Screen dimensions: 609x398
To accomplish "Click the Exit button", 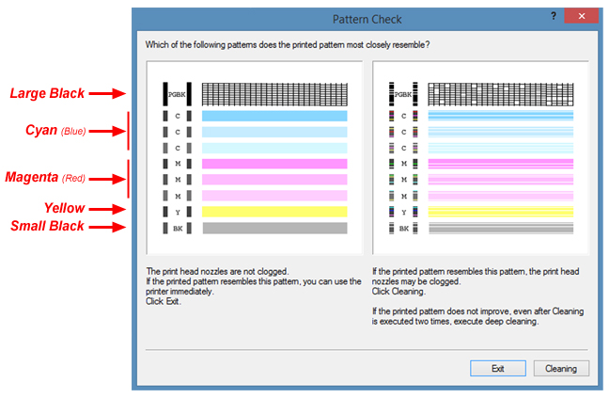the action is pyautogui.click(x=498, y=368).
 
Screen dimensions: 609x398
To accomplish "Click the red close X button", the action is pyautogui.click(x=582, y=16).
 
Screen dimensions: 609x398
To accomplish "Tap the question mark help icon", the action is pyautogui.click(x=554, y=16).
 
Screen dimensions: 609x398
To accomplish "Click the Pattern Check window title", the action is pyautogui.click(x=367, y=19).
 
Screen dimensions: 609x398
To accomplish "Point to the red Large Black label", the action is pyautogui.click(x=47, y=93).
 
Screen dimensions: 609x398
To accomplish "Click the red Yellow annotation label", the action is pyautogui.click(x=64, y=208).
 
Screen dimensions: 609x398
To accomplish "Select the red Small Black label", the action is pyautogui.click(x=47, y=226).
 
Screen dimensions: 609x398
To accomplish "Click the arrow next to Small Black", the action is pyautogui.click(x=107, y=227).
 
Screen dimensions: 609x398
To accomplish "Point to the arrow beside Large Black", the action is pyautogui.click(x=107, y=93).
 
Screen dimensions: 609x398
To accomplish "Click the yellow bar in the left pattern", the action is pyautogui.click(x=274, y=212).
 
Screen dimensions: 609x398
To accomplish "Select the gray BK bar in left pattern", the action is pyautogui.click(x=274, y=228).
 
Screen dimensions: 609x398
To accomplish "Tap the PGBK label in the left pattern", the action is pyautogui.click(x=177, y=94).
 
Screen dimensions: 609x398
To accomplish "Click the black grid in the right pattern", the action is pyautogui.click(x=501, y=94).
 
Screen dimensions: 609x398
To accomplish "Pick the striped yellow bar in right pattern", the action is pyautogui.click(x=501, y=212).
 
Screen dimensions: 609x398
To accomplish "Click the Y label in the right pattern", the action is pyautogui.click(x=404, y=213).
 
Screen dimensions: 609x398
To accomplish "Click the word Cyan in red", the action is pyautogui.click(x=41, y=130).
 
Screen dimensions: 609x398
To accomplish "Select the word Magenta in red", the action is pyautogui.click(x=31, y=177).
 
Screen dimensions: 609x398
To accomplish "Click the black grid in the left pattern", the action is pyautogui.click(x=274, y=94).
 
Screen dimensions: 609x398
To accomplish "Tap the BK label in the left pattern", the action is pyautogui.click(x=178, y=229).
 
